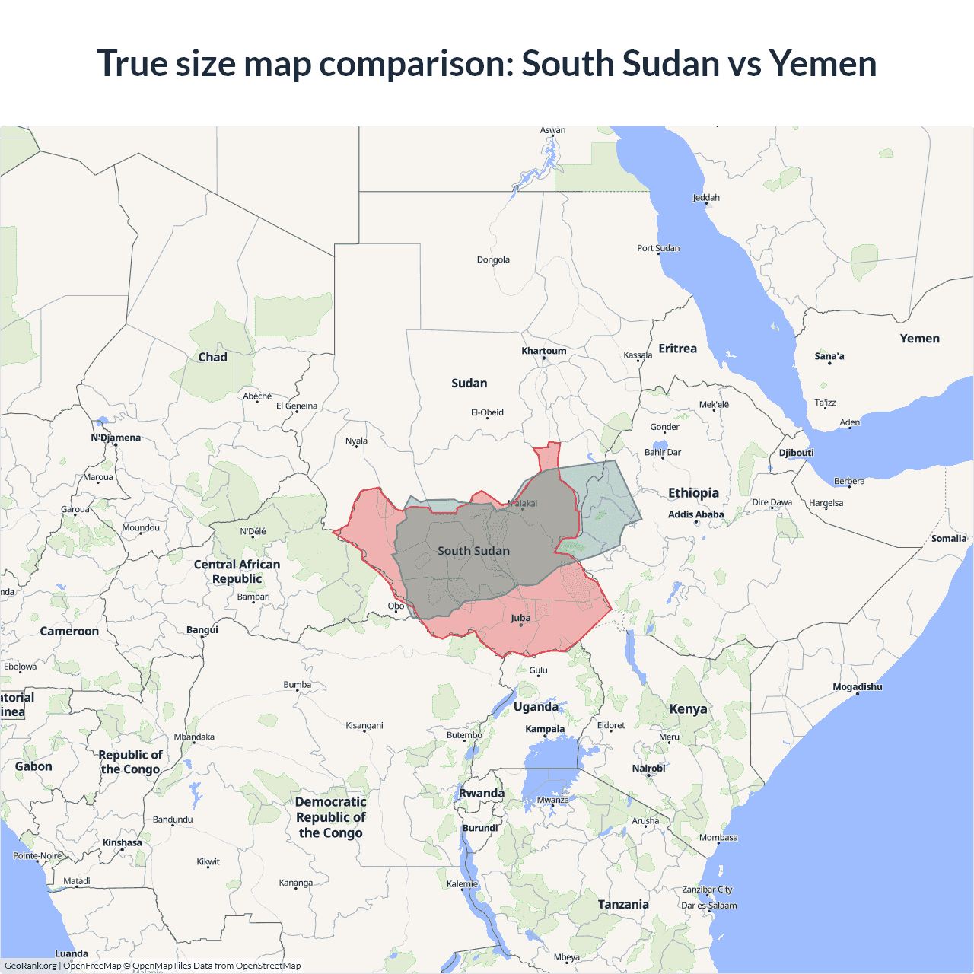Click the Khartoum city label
pos(543,351)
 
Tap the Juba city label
pos(520,618)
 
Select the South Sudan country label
pos(473,551)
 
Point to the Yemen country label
pos(919,339)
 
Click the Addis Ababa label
pos(695,514)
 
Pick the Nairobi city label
pos(648,769)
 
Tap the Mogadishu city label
pos(857,687)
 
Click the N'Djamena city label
pos(116,438)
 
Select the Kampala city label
pos(545,729)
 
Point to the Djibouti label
pos(796,453)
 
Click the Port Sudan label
pos(658,248)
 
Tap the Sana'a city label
pos(829,356)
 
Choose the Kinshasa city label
pos(122,842)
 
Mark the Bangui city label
pos(202,629)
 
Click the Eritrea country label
pos(677,349)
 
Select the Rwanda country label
pos(481,793)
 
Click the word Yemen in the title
pos(823,63)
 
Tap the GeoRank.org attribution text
pos(30,966)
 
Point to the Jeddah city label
pos(705,198)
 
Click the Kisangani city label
pos(364,725)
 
